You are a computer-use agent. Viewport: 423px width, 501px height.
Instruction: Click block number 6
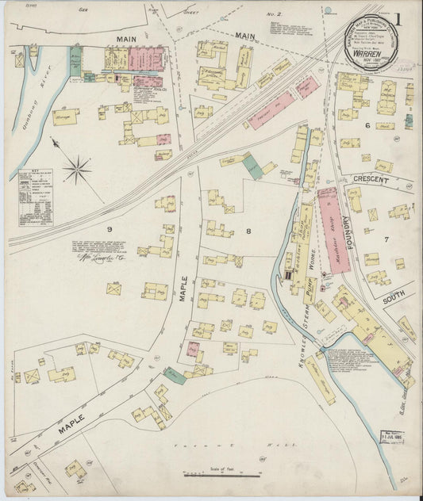pos(367,125)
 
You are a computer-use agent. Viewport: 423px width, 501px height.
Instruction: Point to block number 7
pos(386,239)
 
